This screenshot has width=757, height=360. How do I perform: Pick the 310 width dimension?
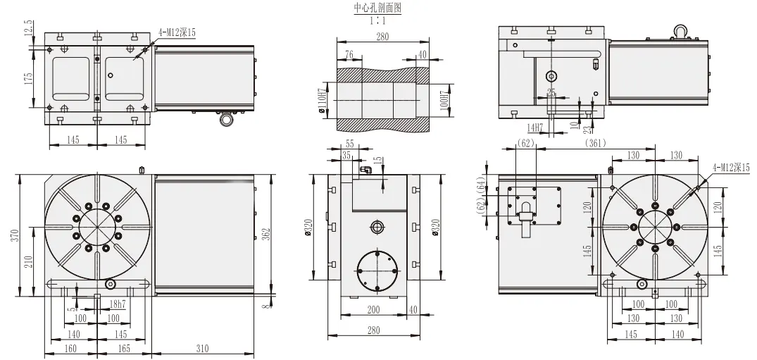[x=203, y=348]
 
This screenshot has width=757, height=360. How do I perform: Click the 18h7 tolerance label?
[x=118, y=304]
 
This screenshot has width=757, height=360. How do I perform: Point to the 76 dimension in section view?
[x=349, y=54]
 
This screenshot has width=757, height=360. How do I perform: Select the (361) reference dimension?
[x=596, y=143]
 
